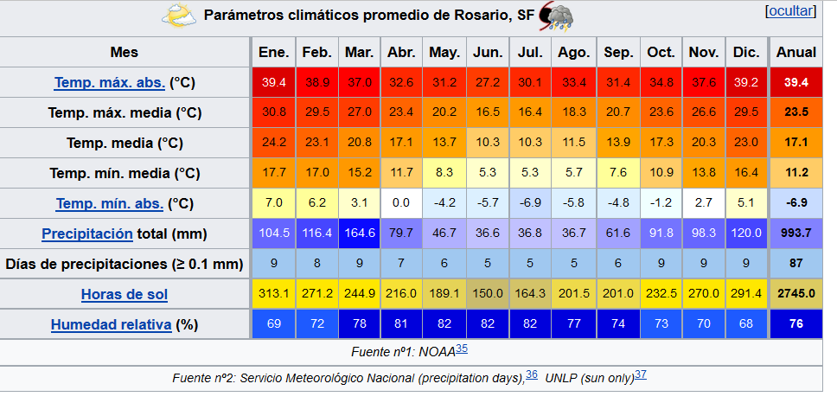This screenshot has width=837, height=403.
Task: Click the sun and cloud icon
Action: [179, 16]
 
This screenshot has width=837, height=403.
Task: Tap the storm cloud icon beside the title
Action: [555, 16]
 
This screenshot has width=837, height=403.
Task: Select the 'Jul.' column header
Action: [530, 52]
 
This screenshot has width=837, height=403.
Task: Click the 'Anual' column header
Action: [796, 52]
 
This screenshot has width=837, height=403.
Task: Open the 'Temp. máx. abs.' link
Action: [109, 83]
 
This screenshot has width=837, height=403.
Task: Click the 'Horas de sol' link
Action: [125, 294]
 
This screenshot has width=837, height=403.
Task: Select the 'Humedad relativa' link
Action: [112, 324]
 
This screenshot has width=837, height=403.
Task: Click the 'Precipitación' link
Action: [86, 233]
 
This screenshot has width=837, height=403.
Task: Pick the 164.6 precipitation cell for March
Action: [359, 233]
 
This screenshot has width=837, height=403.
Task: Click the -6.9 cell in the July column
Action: [530, 203]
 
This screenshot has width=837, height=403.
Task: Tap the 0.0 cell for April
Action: [401, 203]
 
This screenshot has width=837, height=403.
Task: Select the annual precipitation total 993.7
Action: [796, 233]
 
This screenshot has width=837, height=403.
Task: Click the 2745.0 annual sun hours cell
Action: [796, 294]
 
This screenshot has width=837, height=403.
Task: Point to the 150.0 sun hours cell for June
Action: [488, 294]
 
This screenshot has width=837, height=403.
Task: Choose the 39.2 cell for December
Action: [746, 83]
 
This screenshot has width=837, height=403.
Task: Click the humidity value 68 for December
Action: [746, 324]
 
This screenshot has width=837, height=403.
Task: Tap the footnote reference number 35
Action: [462, 349]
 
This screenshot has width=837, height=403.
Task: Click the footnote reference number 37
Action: [641, 374]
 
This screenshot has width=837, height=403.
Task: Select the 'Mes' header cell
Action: [125, 52]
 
